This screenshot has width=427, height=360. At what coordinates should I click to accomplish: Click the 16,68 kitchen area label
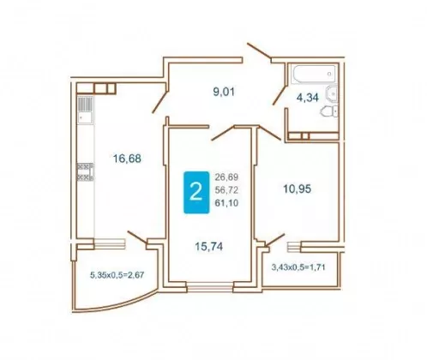coord(127,158)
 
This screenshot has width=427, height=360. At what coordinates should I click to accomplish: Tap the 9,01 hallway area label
coord(224,92)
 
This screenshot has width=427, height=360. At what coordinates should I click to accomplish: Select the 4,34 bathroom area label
coord(308,98)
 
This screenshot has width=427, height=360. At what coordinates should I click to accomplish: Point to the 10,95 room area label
coord(298,189)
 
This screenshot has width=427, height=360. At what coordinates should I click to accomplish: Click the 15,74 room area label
coord(209,246)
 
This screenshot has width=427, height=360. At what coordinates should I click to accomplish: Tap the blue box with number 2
coord(196,192)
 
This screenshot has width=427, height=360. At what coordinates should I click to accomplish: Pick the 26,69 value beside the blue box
coord(226,177)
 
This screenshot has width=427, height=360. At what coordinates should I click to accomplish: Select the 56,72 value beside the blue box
coord(226,190)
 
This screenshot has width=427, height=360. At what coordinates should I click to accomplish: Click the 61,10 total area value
coord(226,203)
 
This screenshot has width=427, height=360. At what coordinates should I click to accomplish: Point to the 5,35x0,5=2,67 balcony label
coord(117,275)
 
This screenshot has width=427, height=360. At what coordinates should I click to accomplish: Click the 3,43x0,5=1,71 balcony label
coord(298,267)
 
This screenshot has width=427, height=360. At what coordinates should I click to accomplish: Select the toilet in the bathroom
coord(329,111)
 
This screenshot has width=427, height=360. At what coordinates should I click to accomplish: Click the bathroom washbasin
coord(332,93)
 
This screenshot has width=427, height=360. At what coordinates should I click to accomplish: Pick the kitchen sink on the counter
coord(85,110)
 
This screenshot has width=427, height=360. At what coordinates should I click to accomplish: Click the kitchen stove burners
coord(85,172)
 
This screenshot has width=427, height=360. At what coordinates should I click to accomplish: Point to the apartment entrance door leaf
coord(259,51)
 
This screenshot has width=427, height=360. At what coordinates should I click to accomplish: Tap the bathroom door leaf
coord(280,95)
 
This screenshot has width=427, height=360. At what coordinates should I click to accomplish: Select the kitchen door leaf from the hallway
coord(159,102)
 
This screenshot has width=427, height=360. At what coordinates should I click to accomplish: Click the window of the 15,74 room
coord(210,287)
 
